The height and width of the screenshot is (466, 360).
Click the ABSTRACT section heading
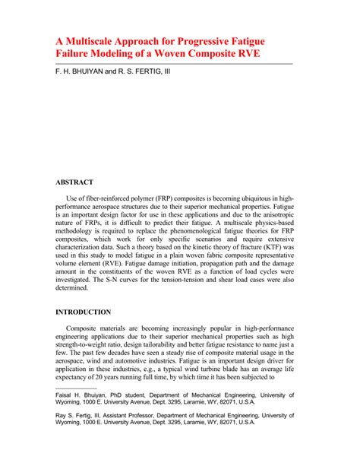pos(74,182)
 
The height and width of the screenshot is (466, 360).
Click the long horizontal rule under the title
pos(173,66)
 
